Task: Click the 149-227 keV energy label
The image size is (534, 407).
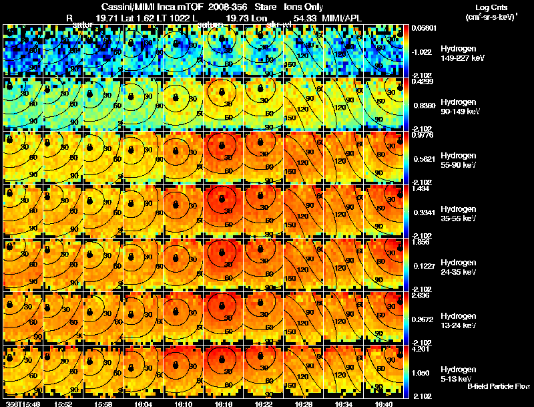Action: [461, 58]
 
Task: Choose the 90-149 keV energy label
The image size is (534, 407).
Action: [460, 112]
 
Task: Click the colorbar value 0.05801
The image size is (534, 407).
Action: [425, 29]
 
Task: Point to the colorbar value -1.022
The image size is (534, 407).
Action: [423, 51]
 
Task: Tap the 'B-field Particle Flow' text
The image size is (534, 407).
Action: [498, 386]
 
